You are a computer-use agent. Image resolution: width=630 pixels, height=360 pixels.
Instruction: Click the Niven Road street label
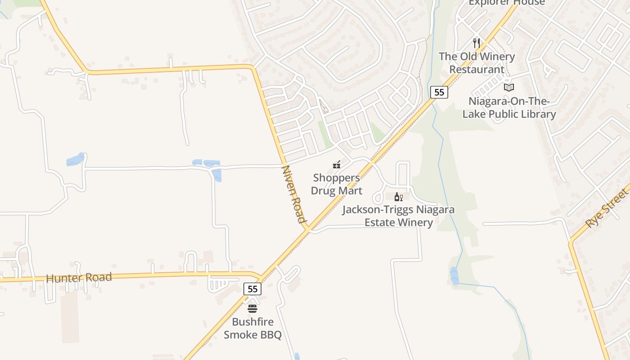(x=293, y=194)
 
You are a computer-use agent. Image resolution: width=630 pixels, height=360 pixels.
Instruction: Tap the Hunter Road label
(x=79, y=278)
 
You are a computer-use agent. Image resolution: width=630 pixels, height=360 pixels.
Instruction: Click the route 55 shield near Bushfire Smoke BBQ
(x=252, y=289)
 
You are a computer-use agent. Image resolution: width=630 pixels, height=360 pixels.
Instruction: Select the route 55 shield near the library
(x=439, y=92)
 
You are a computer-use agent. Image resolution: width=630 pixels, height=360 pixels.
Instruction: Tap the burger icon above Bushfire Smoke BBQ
(x=252, y=309)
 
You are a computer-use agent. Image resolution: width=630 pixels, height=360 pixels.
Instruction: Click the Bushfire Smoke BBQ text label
(x=252, y=328)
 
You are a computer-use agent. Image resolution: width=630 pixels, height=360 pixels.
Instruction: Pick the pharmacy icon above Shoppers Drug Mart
(x=336, y=165)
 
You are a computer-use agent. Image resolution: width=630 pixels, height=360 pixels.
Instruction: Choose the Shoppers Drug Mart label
(x=336, y=184)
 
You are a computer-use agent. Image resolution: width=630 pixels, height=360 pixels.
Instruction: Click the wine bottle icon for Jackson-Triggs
(x=398, y=197)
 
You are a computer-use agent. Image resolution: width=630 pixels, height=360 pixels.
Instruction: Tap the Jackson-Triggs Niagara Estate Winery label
(x=398, y=216)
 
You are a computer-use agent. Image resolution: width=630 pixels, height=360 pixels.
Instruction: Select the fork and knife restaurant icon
(x=477, y=43)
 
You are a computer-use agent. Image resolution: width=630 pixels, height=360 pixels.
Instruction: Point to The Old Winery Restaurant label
(x=477, y=63)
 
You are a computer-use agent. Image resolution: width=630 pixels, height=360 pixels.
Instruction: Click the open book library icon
(x=508, y=87)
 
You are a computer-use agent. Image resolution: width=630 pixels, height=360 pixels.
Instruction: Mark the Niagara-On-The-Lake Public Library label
(x=509, y=108)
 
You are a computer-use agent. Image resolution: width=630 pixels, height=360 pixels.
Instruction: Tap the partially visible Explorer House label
(x=507, y=3)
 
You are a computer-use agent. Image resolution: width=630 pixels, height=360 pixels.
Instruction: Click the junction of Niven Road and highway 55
(x=307, y=229)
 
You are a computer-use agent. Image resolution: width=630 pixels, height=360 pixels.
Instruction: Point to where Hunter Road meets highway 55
(x=261, y=276)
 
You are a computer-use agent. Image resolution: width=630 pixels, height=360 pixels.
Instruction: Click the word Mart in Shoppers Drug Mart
(x=350, y=190)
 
